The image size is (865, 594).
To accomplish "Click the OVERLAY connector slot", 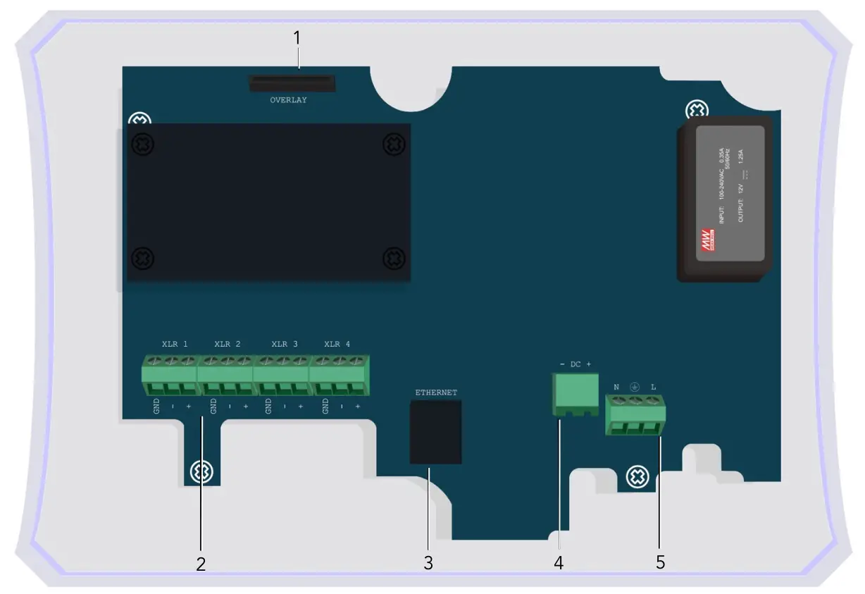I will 292,84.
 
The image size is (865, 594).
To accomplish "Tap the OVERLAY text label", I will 289,101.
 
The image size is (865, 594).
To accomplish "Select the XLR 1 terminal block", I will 169,377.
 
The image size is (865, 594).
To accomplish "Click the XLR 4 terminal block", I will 337,377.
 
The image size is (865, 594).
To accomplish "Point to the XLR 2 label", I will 228,345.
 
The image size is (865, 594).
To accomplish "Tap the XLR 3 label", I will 285,345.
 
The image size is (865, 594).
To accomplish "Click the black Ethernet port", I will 435,431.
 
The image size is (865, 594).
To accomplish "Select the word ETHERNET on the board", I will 436,392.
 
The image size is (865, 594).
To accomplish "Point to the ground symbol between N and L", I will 634,387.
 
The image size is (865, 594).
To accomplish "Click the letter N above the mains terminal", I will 616,387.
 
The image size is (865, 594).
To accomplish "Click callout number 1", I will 297,38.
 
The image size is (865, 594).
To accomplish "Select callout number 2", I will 201,564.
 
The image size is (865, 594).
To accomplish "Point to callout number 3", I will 428,563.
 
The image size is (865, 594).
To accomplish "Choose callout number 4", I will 559,563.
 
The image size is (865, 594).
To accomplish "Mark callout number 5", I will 660,562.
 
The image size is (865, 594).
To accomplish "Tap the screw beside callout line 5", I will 637,477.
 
